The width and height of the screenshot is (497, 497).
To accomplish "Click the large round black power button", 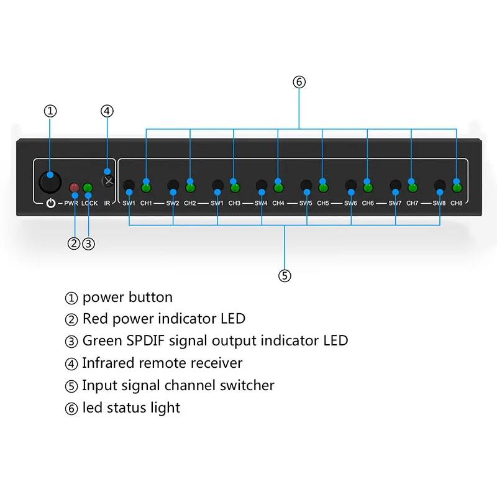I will (50, 181).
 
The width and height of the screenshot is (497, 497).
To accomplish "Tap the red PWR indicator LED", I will (74, 188).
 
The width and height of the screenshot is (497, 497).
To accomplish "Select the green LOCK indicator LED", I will (88, 188).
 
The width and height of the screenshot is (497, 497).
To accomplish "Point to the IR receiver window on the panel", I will (109, 181).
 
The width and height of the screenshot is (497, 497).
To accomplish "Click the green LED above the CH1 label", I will (147, 188).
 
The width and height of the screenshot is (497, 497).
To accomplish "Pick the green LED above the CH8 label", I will (457, 188).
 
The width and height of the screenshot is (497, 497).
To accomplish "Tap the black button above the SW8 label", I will (440, 185).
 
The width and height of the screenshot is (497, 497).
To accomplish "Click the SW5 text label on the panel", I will (306, 203).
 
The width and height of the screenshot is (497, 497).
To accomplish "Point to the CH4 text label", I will (278, 203).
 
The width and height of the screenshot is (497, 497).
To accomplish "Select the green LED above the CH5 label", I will (323, 188).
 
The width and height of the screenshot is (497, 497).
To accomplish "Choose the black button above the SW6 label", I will (351, 185).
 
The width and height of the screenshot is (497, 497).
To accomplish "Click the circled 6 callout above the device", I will (299, 82).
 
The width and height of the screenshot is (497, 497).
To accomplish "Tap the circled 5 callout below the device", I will (285, 276).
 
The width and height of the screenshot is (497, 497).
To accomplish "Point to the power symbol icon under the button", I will (50, 203).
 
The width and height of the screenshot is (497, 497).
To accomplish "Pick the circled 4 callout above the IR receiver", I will (107, 111).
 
